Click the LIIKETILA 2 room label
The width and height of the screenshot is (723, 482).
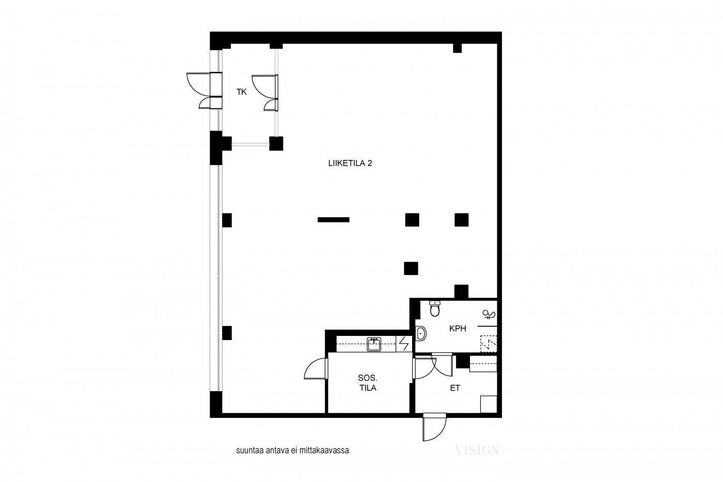[x=350, y=163]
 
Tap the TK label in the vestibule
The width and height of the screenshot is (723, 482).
[x=242, y=92]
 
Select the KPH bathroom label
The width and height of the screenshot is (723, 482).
[x=458, y=328]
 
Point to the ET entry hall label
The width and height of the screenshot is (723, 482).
[x=455, y=388]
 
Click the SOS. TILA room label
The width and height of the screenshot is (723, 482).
[x=368, y=383]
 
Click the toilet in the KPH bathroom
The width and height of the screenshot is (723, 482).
[x=434, y=309]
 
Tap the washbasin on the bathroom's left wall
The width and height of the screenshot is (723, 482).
[x=420, y=333]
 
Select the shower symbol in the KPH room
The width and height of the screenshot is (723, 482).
[x=489, y=314]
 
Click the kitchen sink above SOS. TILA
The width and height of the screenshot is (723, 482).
[x=374, y=344]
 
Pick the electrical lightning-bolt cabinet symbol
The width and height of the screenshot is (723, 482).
[x=404, y=344]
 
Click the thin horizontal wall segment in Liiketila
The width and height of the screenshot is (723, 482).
[x=334, y=220]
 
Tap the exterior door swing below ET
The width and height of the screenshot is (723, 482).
[x=434, y=427]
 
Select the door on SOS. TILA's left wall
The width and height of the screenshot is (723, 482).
[x=316, y=368]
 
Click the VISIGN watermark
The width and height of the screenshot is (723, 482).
[x=477, y=450]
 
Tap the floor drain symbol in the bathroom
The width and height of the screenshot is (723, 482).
[x=489, y=344]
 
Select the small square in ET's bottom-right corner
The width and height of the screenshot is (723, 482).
[x=489, y=404]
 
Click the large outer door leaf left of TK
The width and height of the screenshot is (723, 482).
[x=198, y=84]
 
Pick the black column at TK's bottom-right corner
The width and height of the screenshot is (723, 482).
[x=276, y=143]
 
